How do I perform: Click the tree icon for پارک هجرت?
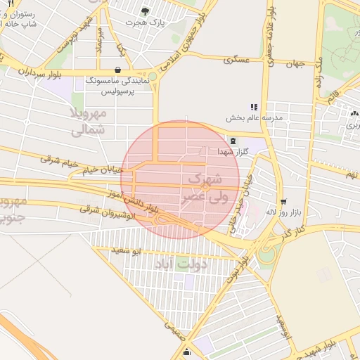coord(145,11)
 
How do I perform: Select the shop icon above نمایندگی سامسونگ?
coord(116,70)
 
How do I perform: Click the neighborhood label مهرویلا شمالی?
coord(88,121)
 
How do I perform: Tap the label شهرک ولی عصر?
coord(205,188)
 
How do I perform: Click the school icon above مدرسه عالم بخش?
coord(254,107)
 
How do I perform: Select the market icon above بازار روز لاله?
coord(283,201)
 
